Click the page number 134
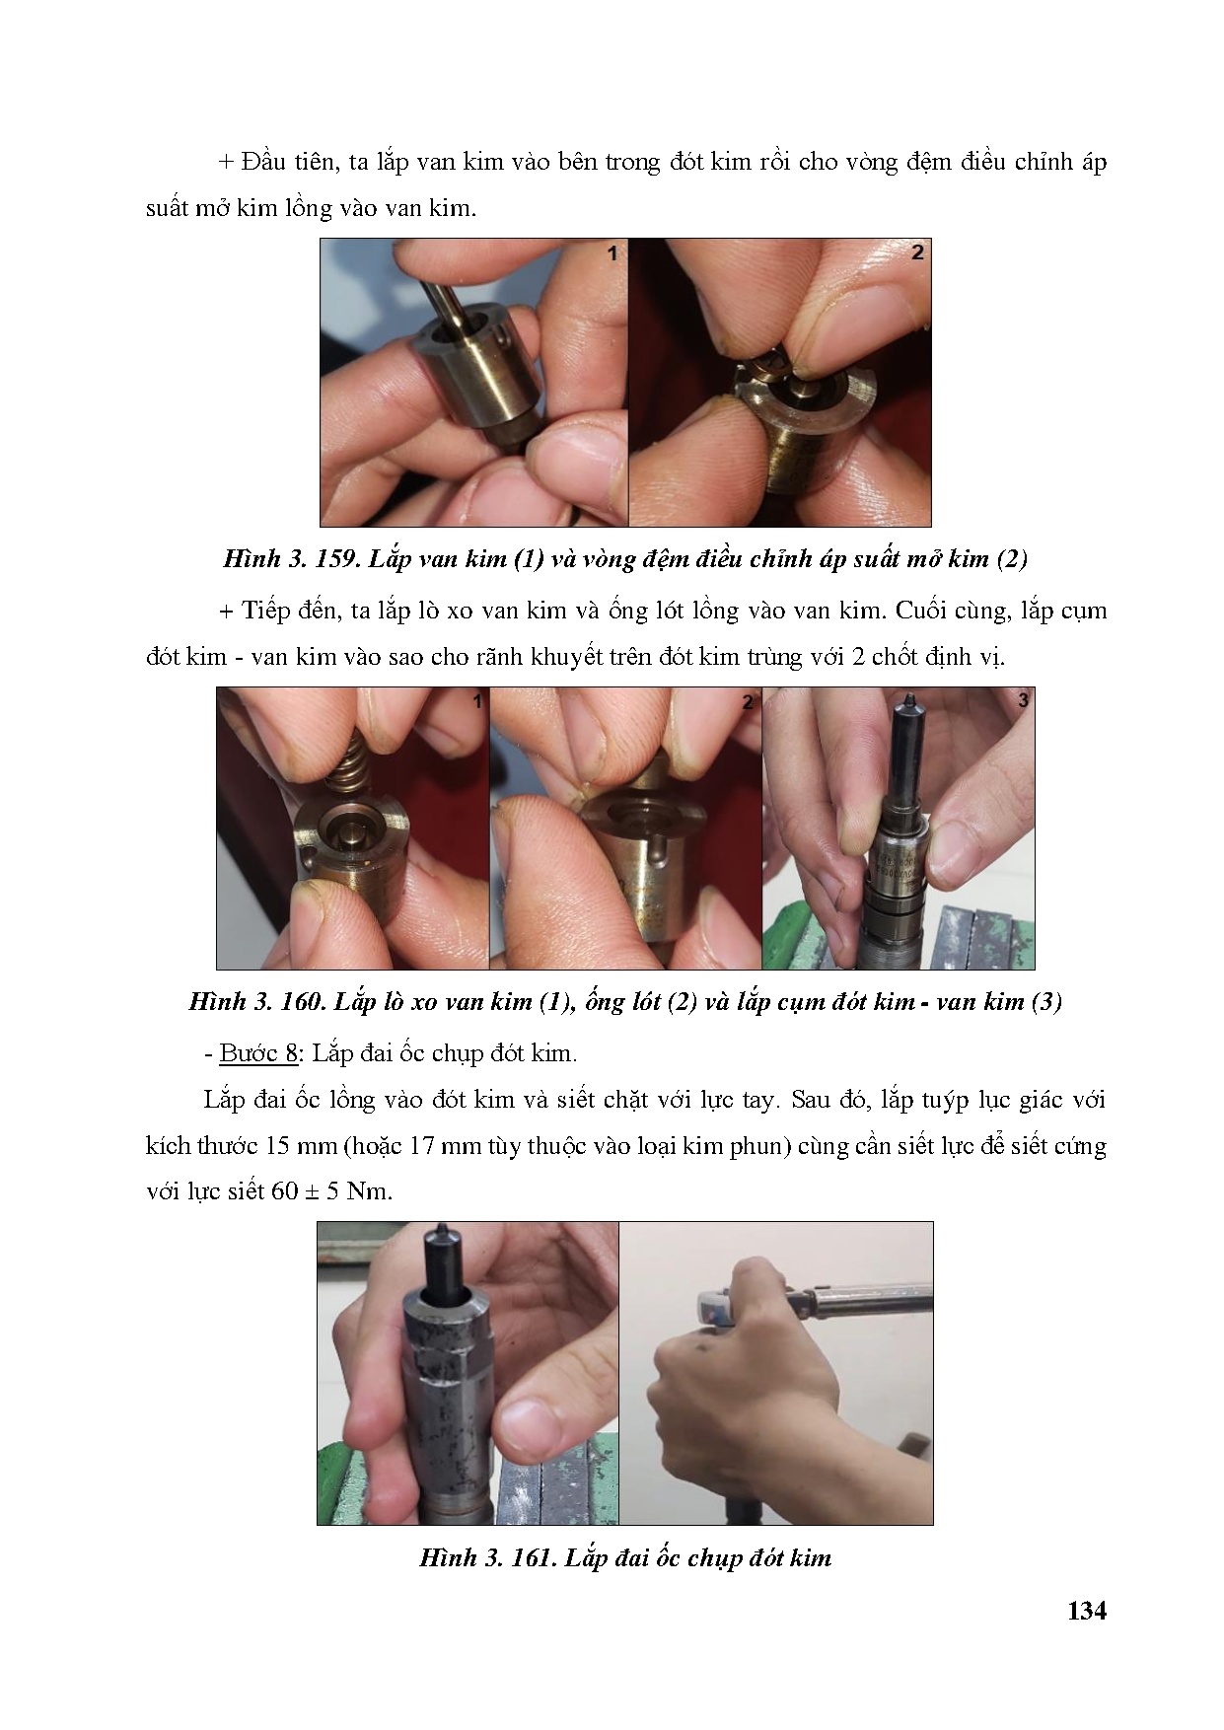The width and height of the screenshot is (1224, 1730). tap(1087, 1611)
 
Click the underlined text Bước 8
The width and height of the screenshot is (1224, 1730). tap(258, 1053)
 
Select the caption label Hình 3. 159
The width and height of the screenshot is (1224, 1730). tap(291, 559)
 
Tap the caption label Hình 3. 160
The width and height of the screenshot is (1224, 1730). tap(255, 1002)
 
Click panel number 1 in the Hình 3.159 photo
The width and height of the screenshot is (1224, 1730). tap(612, 253)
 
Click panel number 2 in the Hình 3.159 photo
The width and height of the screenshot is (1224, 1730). tap(917, 252)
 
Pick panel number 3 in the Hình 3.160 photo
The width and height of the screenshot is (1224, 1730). tap(1023, 700)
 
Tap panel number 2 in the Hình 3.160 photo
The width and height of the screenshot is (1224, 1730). tap(748, 702)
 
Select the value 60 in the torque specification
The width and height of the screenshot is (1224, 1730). tap(284, 1190)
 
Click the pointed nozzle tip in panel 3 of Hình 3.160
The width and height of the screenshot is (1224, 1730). tap(908, 702)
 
